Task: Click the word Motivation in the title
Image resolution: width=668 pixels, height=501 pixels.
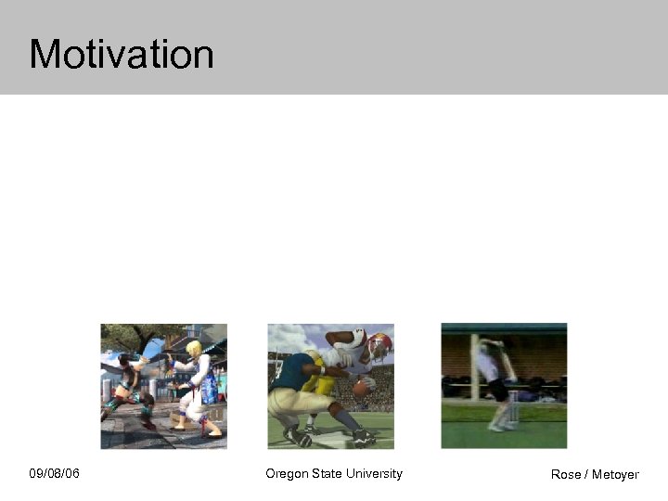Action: pos(122,54)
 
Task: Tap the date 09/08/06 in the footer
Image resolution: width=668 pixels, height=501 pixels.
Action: pos(54,474)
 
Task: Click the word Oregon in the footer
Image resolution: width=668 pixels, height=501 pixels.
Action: pos(287,474)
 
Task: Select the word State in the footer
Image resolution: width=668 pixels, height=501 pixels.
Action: pos(327,474)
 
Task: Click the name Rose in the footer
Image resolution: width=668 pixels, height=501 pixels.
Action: pos(566,475)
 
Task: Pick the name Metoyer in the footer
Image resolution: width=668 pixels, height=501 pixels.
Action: pos(616,475)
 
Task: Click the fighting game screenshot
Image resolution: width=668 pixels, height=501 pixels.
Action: pos(163,386)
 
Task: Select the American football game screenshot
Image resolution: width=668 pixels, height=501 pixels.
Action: pos(330,386)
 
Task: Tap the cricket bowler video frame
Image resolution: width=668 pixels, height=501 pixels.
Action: pos(504,386)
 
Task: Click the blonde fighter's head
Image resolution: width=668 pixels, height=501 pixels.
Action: pos(193,349)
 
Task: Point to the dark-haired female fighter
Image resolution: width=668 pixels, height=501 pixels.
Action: pos(125,385)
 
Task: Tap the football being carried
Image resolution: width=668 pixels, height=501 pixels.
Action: pos(360,390)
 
